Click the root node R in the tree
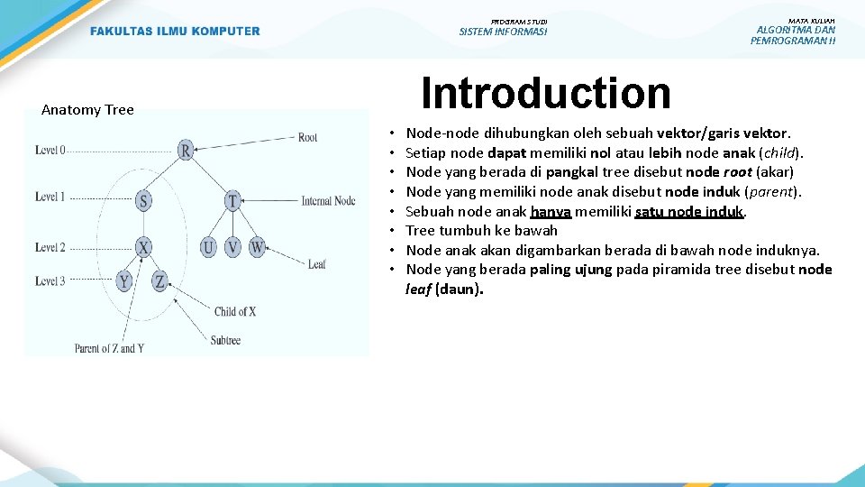point(186,150)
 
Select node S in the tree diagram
point(143,200)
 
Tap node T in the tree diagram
point(232,200)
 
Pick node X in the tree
point(143,247)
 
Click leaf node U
point(208,247)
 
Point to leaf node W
point(257,247)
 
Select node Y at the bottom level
point(124,282)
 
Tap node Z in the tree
point(159,282)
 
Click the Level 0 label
point(50,150)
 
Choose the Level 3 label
point(50,281)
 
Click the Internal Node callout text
point(328,201)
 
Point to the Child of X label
point(235,312)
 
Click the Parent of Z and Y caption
point(109,348)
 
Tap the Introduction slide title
point(546,93)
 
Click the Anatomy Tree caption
point(87,110)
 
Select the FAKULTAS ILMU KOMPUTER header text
point(175,32)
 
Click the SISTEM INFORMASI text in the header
point(503,32)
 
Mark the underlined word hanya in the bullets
point(551,211)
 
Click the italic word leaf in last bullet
point(418,289)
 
